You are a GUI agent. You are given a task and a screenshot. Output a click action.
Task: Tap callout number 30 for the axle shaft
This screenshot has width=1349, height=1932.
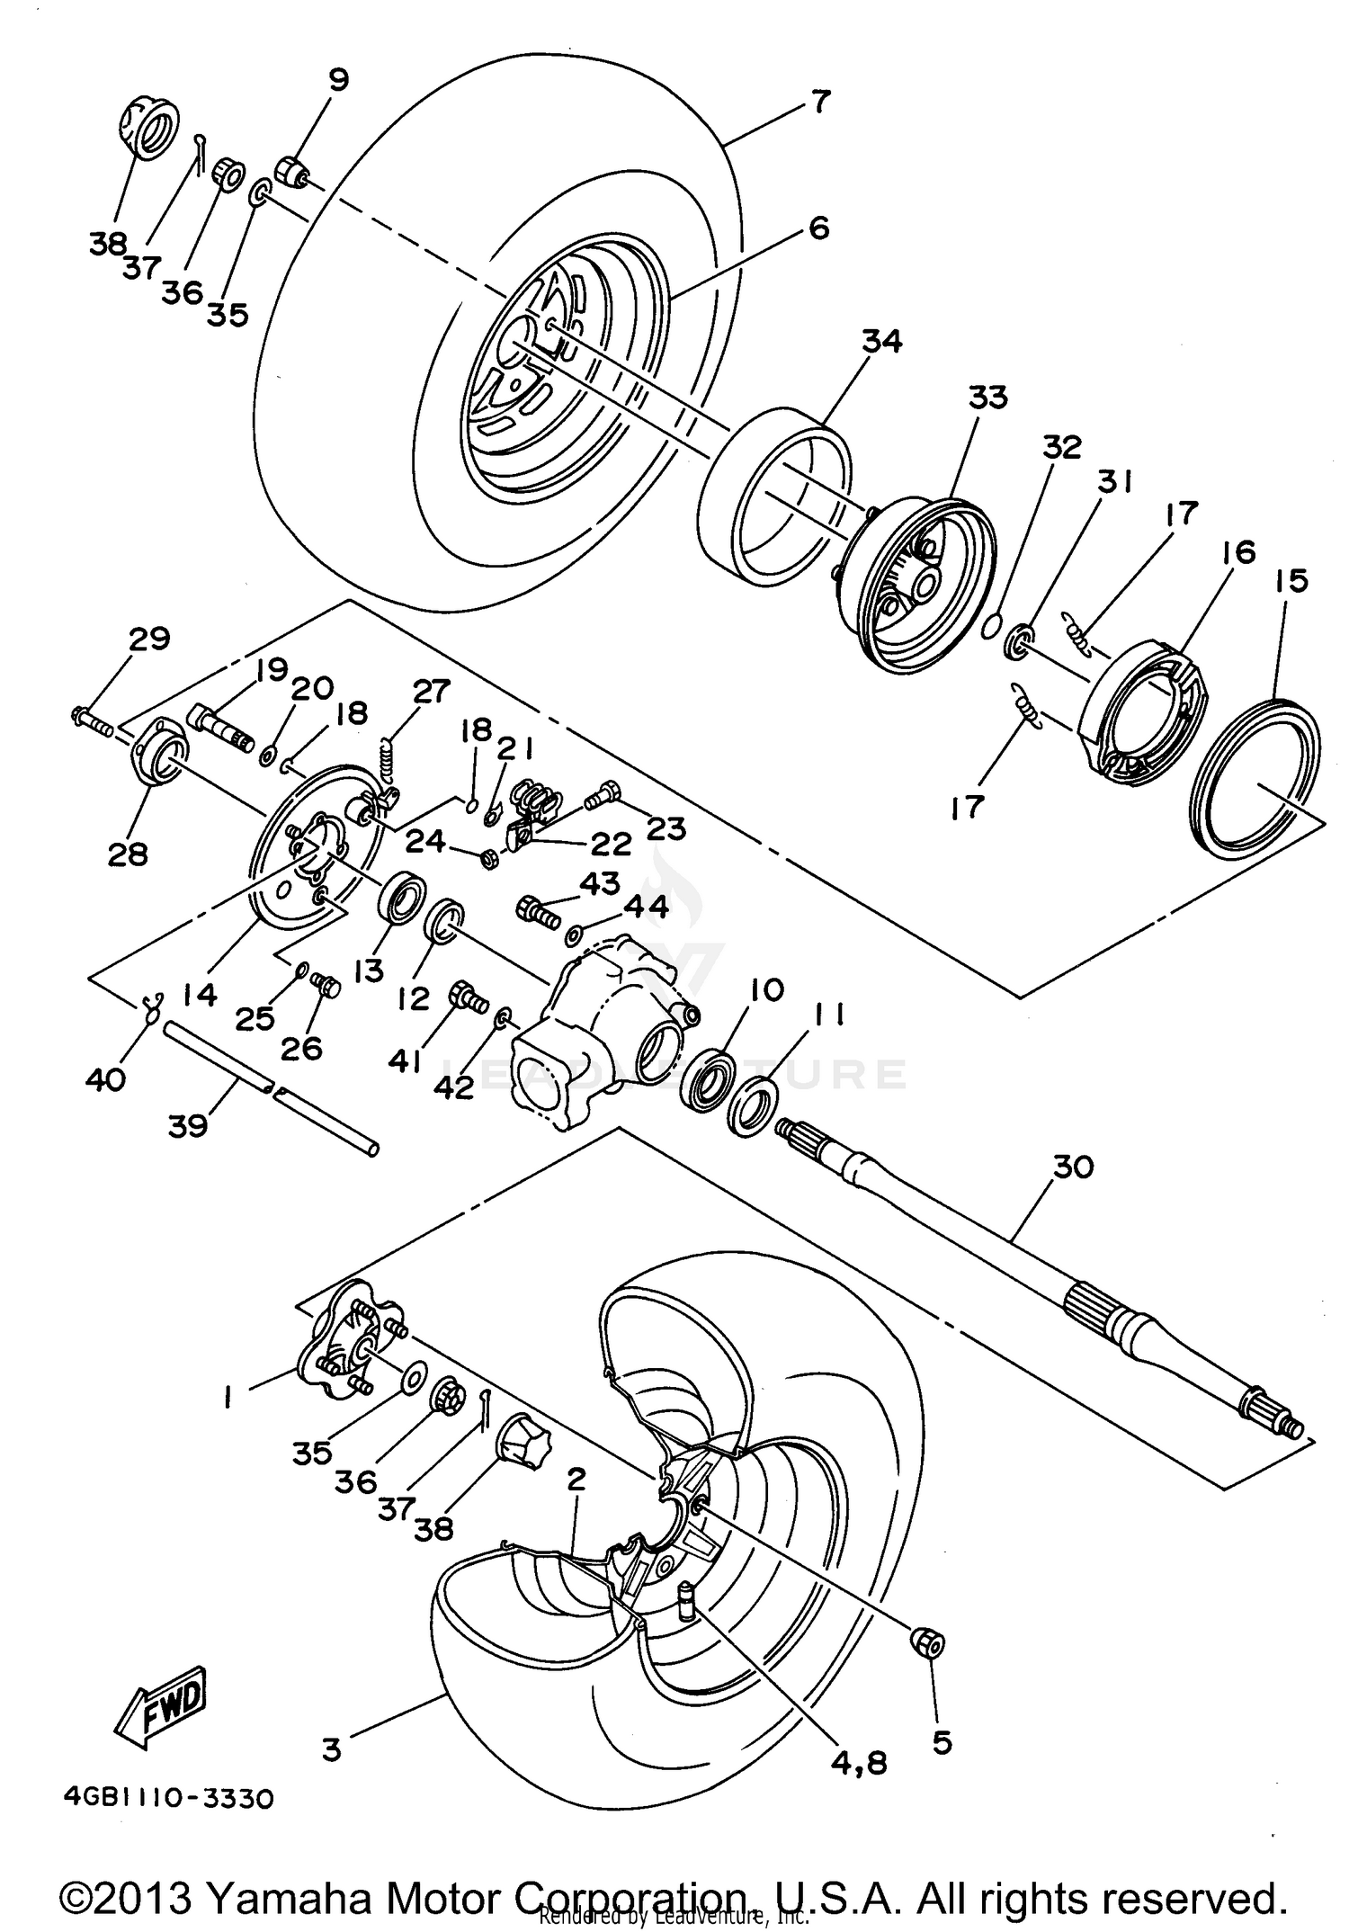click(1072, 1167)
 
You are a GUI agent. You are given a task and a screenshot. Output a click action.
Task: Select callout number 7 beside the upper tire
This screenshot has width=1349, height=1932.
click(819, 101)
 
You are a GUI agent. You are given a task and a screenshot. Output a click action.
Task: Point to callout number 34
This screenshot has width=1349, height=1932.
click(881, 341)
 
